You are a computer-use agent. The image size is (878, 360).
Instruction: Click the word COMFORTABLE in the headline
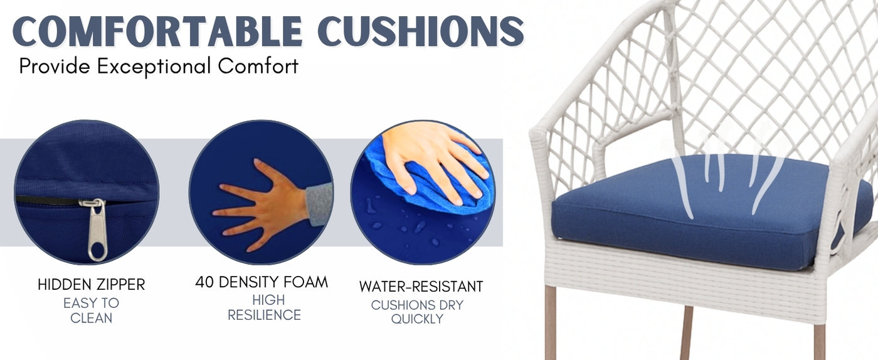(x=157, y=31)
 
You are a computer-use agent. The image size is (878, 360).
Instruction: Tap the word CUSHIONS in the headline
(x=421, y=31)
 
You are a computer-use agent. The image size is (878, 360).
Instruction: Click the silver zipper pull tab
(x=95, y=230)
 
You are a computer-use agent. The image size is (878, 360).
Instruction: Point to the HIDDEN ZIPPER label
(x=92, y=284)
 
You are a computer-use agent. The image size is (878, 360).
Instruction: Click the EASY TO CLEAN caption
(x=92, y=310)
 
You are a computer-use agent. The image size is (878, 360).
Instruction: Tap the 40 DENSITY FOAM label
(x=262, y=282)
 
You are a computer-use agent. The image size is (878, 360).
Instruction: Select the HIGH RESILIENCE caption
(x=265, y=307)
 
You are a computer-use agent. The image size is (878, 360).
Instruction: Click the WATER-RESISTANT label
(x=421, y=286)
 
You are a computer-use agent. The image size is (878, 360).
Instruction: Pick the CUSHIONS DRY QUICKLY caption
(x=417, y=312)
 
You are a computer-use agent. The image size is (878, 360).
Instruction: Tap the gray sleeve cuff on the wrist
(x=319, y=204)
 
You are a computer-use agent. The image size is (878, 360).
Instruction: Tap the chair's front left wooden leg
(x=551, y=322)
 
